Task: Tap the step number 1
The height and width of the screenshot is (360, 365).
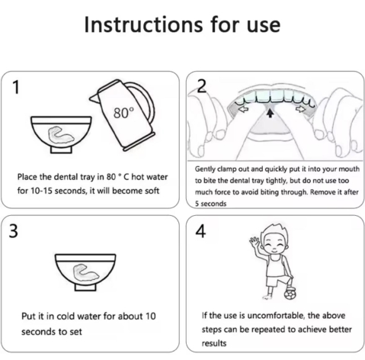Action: (16, 87)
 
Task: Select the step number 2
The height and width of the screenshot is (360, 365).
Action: (202, 86)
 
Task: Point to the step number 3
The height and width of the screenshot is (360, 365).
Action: (14, 231)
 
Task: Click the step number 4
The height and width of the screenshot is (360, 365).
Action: (200, 231)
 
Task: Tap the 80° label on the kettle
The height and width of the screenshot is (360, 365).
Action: (123, 113)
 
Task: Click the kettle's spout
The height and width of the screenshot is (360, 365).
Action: (94, 98)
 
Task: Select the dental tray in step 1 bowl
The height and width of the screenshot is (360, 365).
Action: (59, 135)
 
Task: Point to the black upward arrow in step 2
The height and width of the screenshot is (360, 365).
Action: (271, 113)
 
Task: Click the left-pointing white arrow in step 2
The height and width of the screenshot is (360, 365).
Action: (244, 110)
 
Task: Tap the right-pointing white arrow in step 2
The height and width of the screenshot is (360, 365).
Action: (301, 109)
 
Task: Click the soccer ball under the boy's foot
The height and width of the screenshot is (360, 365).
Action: (290, 294)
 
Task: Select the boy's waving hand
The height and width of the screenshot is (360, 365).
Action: (254, 241)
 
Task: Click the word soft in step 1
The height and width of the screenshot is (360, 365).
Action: (152, 191)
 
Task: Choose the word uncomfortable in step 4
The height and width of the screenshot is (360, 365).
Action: (276, 316)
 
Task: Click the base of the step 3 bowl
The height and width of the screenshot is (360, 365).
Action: (85, 288)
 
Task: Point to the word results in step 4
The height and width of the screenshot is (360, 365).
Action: (214, 343)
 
